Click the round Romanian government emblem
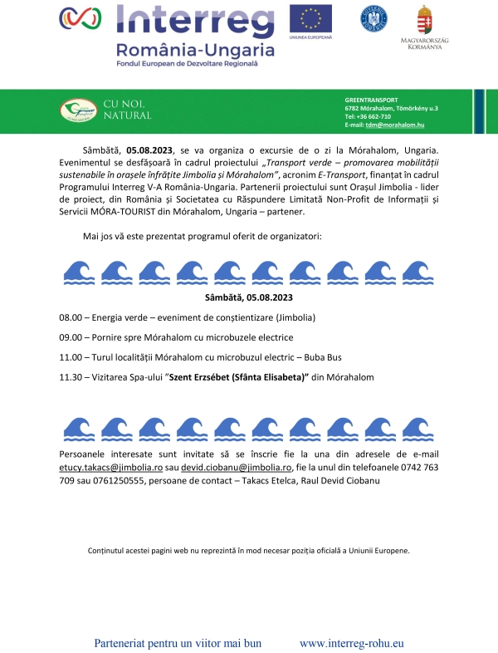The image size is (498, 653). coord(373,18)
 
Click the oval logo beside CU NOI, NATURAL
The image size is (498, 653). coord(78,110)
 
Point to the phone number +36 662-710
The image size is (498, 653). coord(368,116)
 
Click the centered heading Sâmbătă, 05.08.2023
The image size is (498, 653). coord(249,297)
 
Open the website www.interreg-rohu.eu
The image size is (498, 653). coord(351,643)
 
